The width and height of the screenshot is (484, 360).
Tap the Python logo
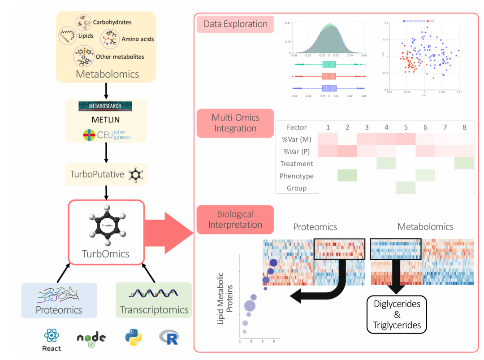click(x=134, y=337)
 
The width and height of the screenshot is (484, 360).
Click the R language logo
click(x=169, y=338)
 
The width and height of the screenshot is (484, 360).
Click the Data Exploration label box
click(x=235, y=24)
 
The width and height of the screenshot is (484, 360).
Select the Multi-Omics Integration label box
click(x=235, y=123)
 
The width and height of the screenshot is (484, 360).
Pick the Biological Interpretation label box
click(x=235, y=219)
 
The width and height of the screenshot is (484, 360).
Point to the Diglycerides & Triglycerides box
click(x=397, y=314)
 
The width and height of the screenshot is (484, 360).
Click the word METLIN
click(x=106, y=121)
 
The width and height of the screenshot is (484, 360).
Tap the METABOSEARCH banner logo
click(x=106, y=106)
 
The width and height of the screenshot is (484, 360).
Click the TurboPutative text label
click(x=97, y=174)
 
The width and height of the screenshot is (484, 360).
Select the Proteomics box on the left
click(x=59, y=300)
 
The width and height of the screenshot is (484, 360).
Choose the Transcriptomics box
click(x=154, y=300)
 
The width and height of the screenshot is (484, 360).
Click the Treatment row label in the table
click(x=297, y=164)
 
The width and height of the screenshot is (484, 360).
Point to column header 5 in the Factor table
click(x=406, y=127)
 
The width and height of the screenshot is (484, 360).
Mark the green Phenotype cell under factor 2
click(x=347, y=175)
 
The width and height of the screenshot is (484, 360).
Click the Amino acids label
click(x=138, y=39)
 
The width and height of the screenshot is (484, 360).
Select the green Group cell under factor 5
click(x=406, y=187)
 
